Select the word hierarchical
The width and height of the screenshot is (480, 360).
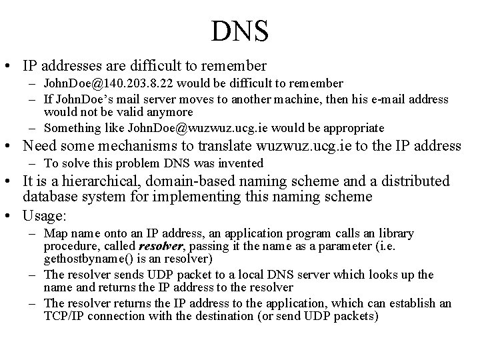click(90, 181)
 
